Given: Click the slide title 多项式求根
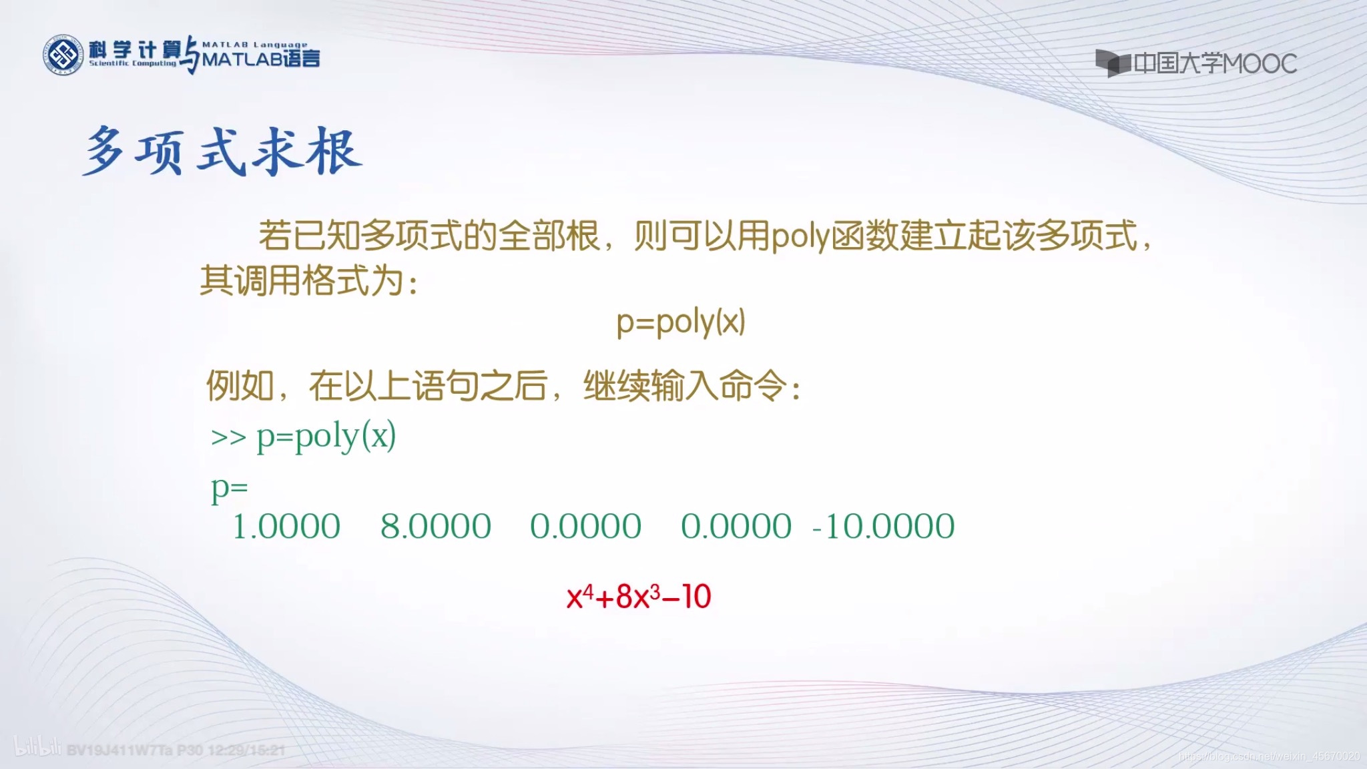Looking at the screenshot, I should click(222, 152).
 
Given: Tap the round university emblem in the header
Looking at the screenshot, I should click(62, 55).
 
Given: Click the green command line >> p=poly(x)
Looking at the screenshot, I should click(304, 437).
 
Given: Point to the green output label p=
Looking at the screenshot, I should click(229, 488).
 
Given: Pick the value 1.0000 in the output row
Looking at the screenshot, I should click(286, 527).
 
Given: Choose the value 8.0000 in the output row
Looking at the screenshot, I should click(436, 527).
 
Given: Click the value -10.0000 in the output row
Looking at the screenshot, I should click(883, 527).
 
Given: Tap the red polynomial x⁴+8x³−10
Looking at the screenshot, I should click(639, 597).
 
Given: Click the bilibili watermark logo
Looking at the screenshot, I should click(37, 748).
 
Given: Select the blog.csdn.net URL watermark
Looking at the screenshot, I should click(1269, 756).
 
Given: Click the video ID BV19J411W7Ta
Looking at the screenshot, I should click(119, 750).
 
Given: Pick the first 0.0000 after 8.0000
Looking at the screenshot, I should click(585, 527).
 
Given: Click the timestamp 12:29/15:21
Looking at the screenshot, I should click(246, 750).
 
